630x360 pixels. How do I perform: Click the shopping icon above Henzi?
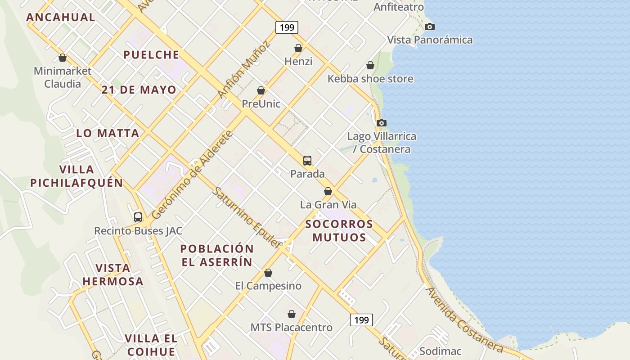pyautogui.click(x=298, y=48)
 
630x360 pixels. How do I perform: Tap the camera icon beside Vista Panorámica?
pyautogui.click(x=430, y=27)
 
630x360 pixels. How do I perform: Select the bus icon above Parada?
pyautogui.click(x=307, y=160)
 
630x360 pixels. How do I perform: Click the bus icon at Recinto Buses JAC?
pyautogui.click(x=138, y=217)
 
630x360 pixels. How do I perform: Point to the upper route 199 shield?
pyautogui.click(x=287, y=27)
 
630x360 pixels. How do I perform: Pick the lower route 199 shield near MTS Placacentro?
pyautogui.click(x=361, y=320)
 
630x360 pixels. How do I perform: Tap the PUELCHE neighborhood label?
pyautogui.click(x=151, y=55)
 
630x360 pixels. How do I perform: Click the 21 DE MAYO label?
pyautogui.click(x=139, y=90)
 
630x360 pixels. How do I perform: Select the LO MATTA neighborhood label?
pyautogui.click(x=108, y=133)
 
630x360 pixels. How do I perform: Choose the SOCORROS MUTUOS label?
pyautogui.click(x=339, y=230)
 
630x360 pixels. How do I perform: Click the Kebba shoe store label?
pyautogui.click(x=370, y=79)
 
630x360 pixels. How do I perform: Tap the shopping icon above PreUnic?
pyautogui.click(x=261, y=91)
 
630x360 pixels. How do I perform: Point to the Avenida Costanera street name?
pyautogui.click(x=464, y=319)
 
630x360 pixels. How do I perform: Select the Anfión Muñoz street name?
pyautogui.click(x=243, y=69)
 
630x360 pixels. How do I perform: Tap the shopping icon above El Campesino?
pyautogui.click(x=268, y=273)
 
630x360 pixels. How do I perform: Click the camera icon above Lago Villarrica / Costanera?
pyautogui.click(x=381, y=123)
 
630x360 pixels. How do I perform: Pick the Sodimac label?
pyautogui.click(x=440, y=351)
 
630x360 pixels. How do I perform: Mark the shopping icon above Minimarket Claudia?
pyautogui.click(x=63, y=58)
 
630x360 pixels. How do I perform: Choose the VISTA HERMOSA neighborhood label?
pyautogui.click(x=112, y=274)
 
